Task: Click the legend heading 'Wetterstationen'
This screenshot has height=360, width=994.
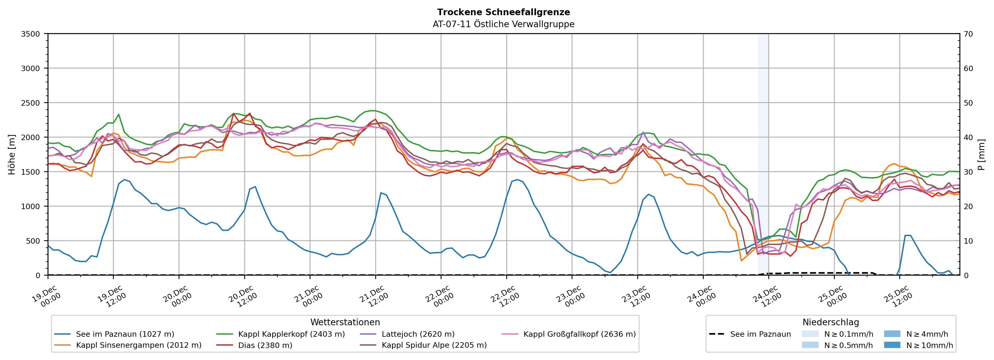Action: point(345,322)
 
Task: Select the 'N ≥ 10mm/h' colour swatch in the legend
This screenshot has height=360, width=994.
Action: point(892,345)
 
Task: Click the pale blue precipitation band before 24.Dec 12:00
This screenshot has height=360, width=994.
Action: point(763,154)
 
